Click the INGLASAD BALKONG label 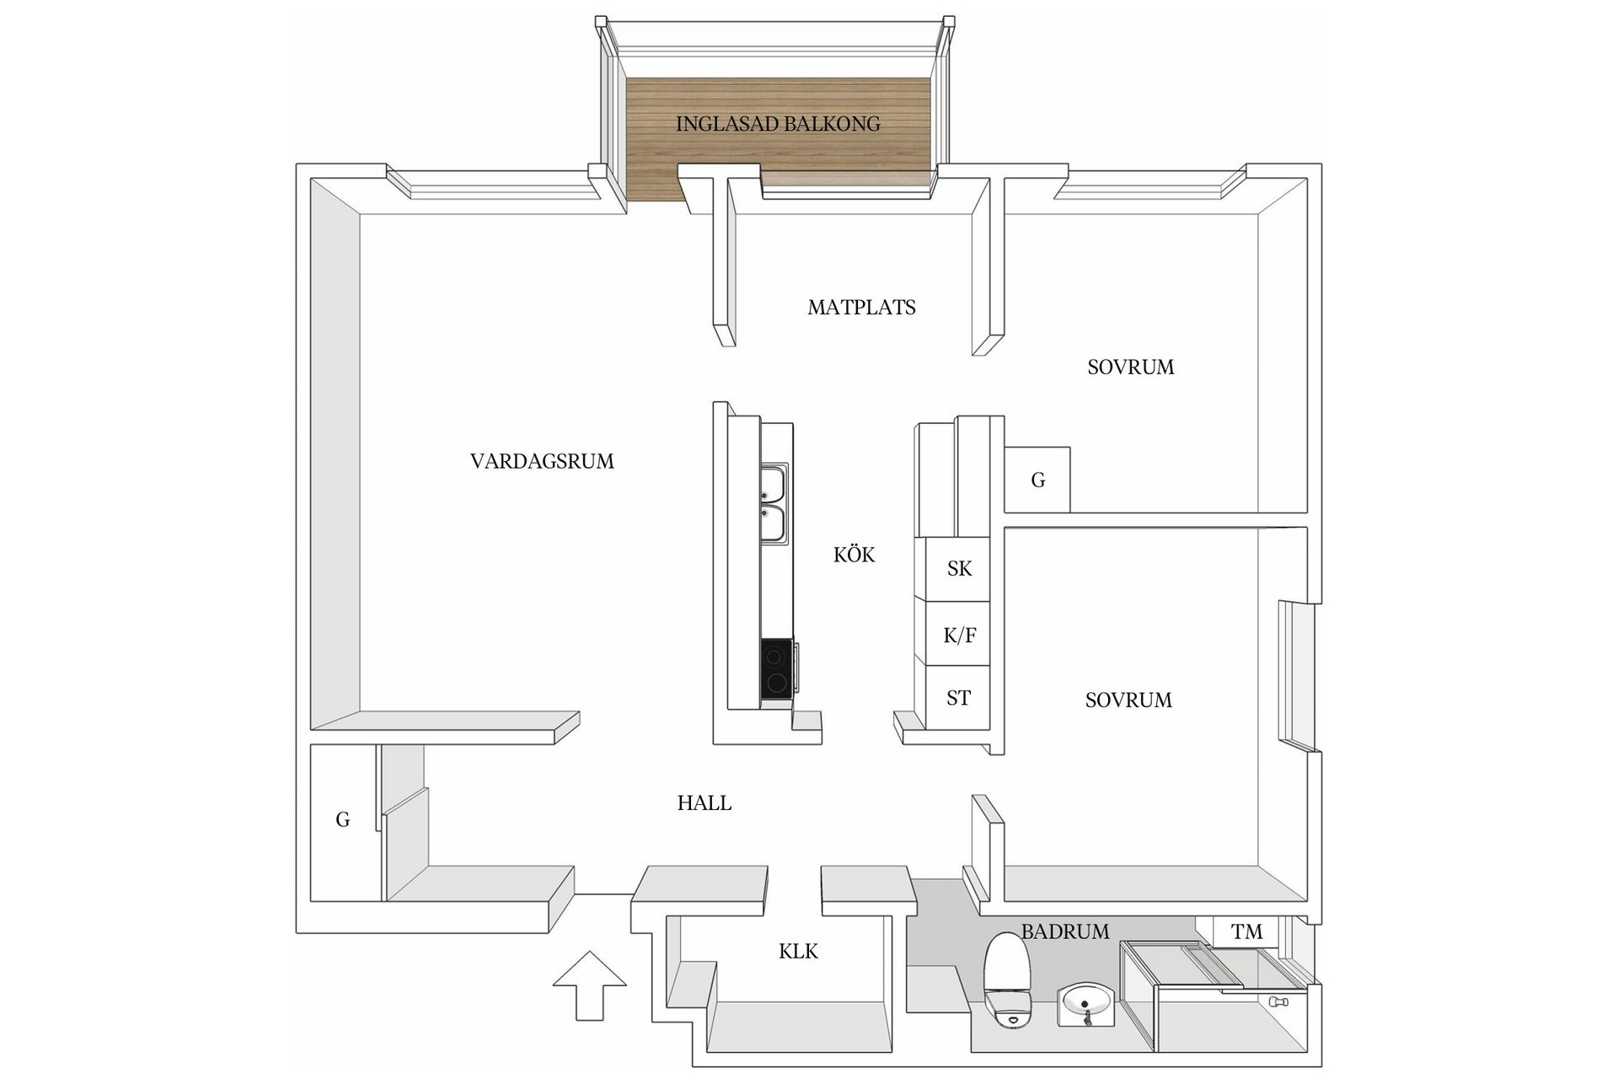click(x=777, y=124)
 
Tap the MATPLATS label click(x=861, y=308)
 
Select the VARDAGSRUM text click(x=542, y=461)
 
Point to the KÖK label click(x=854, y=555)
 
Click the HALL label click(x=704, y=803)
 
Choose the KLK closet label click(x=798, y=952)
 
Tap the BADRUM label click(x=1065, y=931)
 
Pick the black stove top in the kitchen click(x=776, y=668)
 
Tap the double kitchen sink click(x=774, y=503)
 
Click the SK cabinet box click(x=958, y=569)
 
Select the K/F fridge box click(x=958, y=635)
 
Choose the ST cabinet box click(x=958, y=698)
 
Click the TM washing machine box click(x=1246, y=932)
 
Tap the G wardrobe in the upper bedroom click(x=1037, y=480)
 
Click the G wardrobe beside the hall click(x=342, y=820)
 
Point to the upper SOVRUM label click(x=1130, y=367)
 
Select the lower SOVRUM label click(x=1128, y=700)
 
